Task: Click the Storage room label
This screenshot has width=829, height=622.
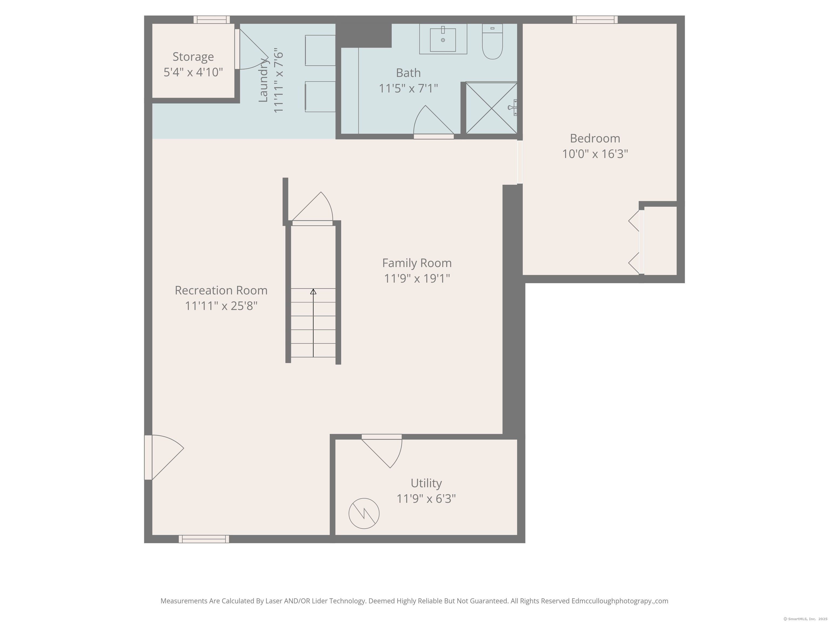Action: coord(193,57)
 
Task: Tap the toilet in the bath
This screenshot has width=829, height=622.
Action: coord(492,42)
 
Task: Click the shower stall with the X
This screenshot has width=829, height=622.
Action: coord(491,108)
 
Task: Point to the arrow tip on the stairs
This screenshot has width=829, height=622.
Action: coord(313,289)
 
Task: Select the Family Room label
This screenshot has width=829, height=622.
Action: coord(417,263)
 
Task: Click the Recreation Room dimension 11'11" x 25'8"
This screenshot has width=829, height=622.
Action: coord(221,306)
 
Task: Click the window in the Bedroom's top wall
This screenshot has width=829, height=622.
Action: coord(595,19)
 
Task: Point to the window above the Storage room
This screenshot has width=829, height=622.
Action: coord(212,19)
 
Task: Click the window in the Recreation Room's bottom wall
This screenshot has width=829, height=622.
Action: coord(204,539)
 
